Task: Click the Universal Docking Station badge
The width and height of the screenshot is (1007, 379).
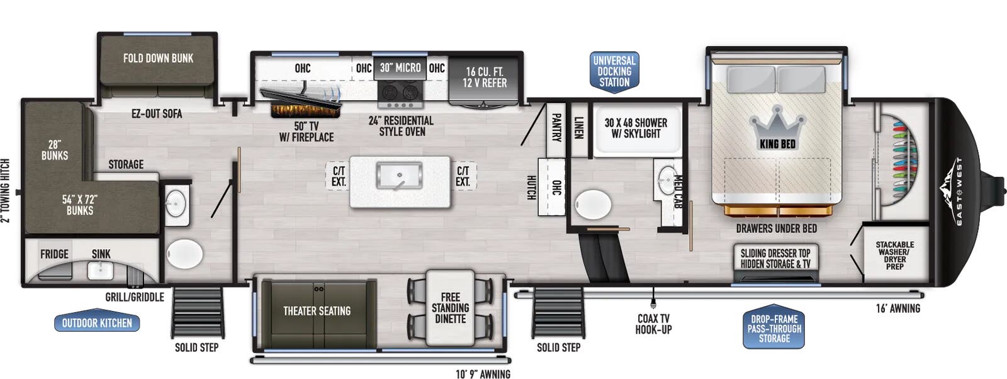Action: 614,71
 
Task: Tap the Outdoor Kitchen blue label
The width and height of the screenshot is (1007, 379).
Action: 97,323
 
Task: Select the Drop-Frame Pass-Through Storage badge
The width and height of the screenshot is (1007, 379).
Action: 774,329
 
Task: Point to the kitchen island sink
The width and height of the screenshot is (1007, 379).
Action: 400,176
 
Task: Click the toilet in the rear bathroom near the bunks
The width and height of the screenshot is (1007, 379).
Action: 184,254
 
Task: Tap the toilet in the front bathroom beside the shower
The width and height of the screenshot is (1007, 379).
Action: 593,204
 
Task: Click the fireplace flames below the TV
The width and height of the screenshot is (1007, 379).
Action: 306,111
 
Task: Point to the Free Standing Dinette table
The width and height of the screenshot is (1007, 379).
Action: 450,308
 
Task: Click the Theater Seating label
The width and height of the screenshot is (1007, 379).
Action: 317,311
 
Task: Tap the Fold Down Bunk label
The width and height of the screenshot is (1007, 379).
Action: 158,59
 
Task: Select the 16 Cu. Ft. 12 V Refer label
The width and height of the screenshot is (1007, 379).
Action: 485,77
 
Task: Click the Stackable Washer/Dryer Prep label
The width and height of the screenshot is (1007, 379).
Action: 894,255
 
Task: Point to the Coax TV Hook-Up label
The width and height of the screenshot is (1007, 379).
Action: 653,324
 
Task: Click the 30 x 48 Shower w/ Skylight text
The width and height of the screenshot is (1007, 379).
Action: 636,128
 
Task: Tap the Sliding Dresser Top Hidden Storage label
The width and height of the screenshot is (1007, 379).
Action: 775,258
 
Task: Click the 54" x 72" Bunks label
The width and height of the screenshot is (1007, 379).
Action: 80,205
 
